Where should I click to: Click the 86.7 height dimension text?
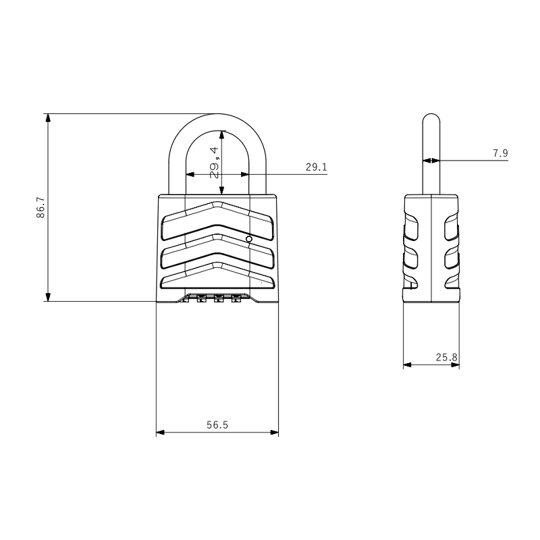pyautogui.click(x=40, y=208)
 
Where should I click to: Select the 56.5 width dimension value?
pyautogui.click(x=217, y=425)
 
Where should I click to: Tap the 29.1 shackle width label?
pyautogui.click(x=316, y=167)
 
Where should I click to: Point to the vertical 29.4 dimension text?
pyautogui.click(x=215, y=163)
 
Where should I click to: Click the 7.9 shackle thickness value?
pyautogui.click(x=500, y=153)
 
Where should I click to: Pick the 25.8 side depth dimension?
pyautogui.click(x=446, y=357)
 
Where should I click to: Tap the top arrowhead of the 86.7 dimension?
pyautogui.click(x=47, y=117)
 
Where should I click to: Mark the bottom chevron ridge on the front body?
pyautogui.click(x=217, y=273)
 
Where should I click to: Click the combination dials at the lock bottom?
pyautogui.click(x=218, y=298)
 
